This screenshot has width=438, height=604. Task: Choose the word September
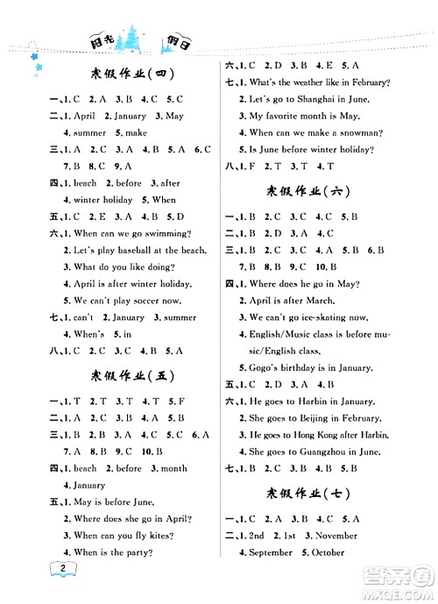point(269,552)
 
